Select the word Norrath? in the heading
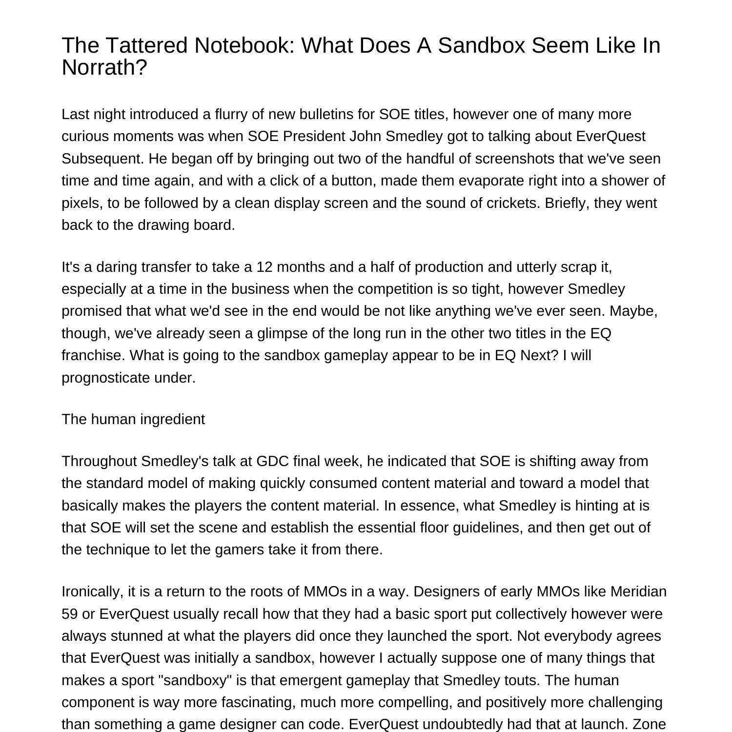[104, 67]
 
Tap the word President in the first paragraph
[314, 136]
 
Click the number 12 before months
[264, 267]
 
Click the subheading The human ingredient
[133, 419]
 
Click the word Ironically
[92, 591]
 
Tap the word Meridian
[638, 591]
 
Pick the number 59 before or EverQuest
[70, 613]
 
